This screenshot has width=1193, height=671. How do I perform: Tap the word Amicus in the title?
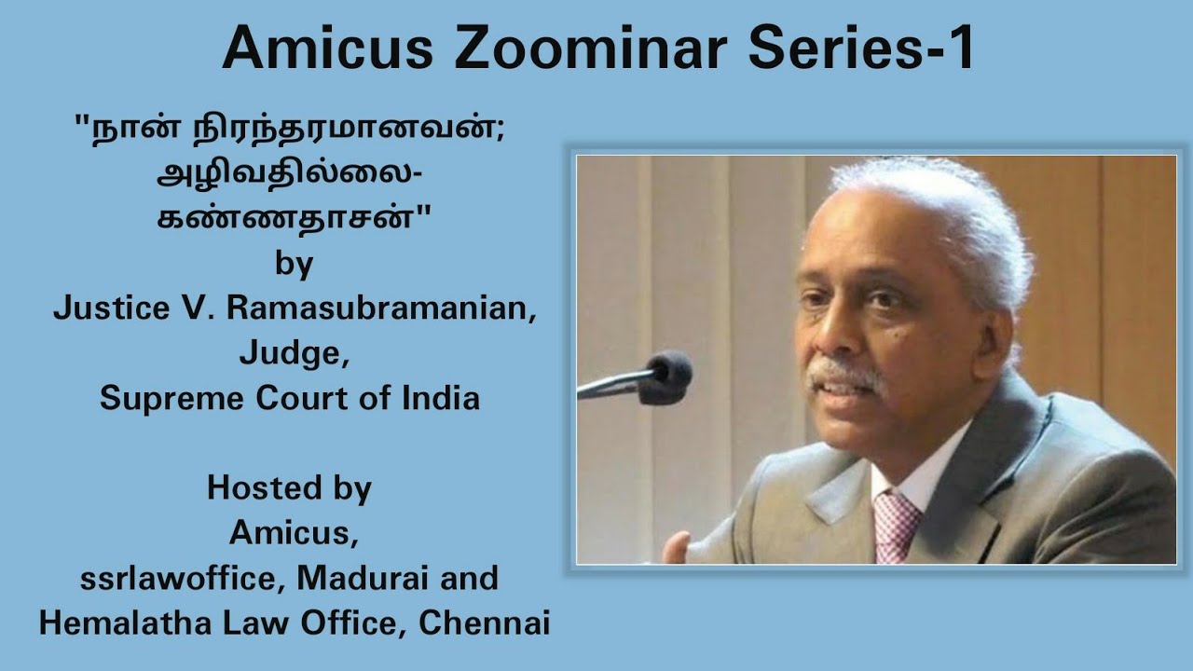point(327,49)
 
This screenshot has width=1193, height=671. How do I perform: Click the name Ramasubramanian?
point(382,308)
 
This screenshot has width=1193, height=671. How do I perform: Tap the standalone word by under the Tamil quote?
point(294,265)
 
